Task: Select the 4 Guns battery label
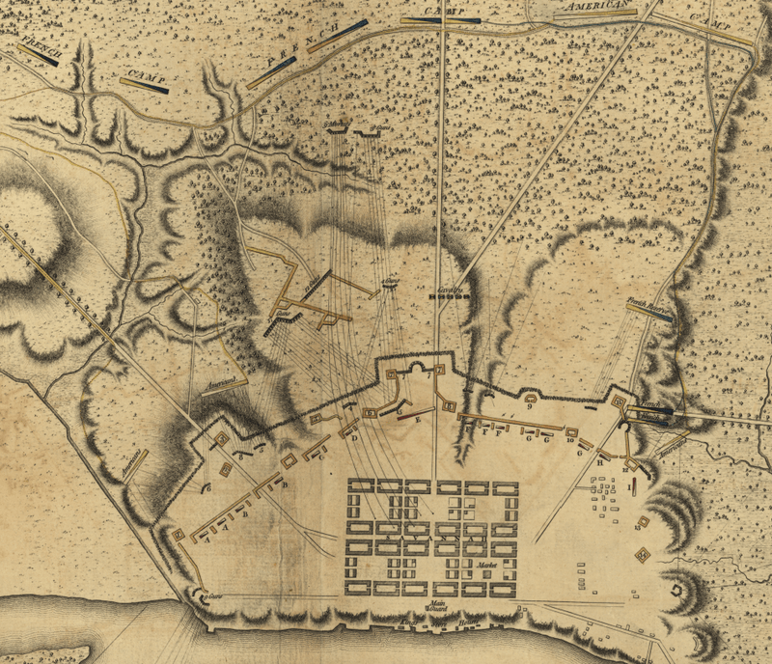coord(390,282)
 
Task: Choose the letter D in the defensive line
coord(354,437)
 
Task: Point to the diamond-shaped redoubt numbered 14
coord(643,554)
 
